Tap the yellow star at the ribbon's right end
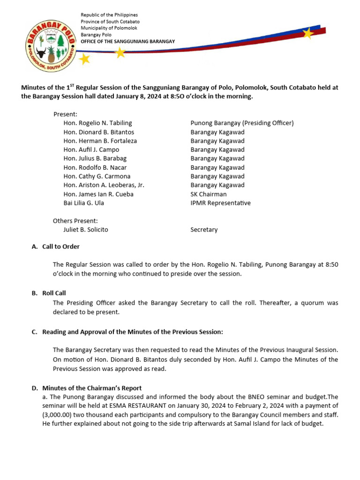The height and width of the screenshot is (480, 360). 308,33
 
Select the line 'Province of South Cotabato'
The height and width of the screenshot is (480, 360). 110,22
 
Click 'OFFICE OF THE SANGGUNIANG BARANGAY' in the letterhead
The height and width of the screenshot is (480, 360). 128,41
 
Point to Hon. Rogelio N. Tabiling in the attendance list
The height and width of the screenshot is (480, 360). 97,123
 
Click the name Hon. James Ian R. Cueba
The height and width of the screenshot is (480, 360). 98,194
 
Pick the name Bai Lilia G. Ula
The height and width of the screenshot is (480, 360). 84,203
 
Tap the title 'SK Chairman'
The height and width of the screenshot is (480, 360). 209,194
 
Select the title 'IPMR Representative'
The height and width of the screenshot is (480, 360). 220,203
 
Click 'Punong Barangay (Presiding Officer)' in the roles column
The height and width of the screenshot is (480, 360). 242,123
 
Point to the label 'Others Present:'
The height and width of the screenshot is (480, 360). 75,221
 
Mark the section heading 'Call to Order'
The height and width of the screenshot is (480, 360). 61,247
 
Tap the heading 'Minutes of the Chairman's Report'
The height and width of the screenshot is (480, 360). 92,388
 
